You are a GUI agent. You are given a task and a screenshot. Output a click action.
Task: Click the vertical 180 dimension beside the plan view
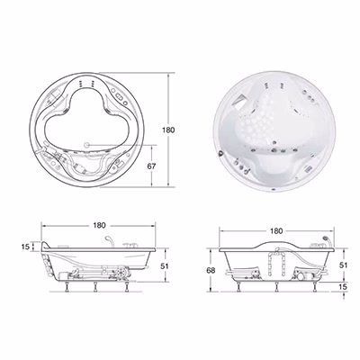coord(168,130)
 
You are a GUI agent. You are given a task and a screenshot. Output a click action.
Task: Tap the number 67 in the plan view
coord(152,166)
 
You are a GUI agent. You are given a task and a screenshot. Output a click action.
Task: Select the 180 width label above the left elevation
coord(99,225)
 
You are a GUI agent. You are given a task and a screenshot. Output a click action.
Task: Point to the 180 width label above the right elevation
coord(276,231)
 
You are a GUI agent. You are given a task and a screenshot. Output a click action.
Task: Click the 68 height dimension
coord(211,270)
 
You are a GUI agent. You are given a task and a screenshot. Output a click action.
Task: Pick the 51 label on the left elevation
coord(165,265)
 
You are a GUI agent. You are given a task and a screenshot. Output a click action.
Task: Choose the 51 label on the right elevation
coord(343,265)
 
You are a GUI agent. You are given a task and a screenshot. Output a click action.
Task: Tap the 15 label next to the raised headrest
coord(25,247)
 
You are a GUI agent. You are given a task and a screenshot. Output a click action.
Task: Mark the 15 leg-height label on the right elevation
coord(343,286)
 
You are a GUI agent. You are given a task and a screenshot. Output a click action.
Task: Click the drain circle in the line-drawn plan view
coord(87,145)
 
